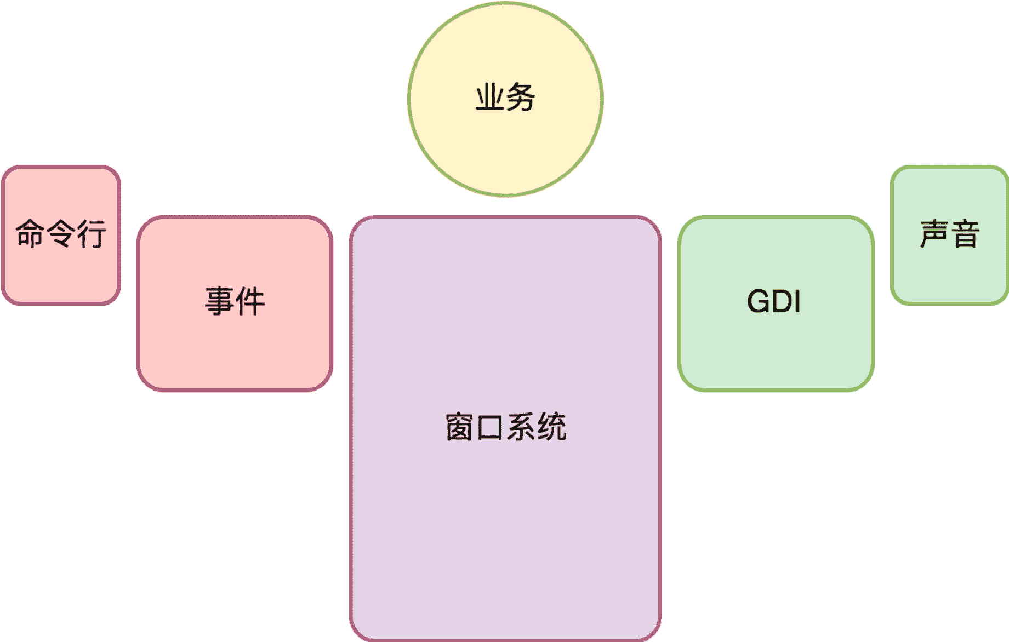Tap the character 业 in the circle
click(x=490, y=98)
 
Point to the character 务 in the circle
click(x=521, y=98)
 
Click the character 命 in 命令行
click(x=30, y=233)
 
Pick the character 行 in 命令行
click(x=92, y=233)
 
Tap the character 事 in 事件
click(x=220, y=301)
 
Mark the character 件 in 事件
click(x=250, y=301)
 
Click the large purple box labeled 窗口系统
click(x=505, y=520)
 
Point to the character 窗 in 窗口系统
click(x=459, y=427)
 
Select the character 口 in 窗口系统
click(x=489, y=427)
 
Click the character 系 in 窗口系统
click(x=521, y=427)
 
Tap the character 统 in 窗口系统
click(x=551, y=427)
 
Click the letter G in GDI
click(x=758, y=301)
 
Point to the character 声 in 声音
click(x=934, y=234)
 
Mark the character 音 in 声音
click(x=965, y=234)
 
